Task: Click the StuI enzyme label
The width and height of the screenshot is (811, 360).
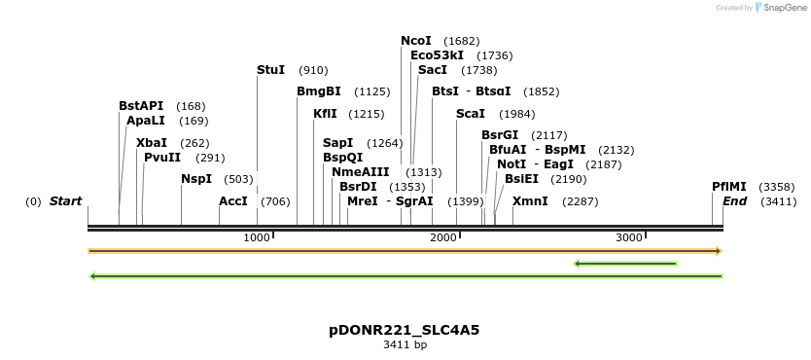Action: [270, 70]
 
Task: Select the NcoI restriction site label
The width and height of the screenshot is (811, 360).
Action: [416, 41]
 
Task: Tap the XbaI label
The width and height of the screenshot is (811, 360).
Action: [152, 142]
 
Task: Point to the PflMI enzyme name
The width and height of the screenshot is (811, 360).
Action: [728, 186]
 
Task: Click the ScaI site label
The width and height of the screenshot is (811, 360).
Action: [472, 114]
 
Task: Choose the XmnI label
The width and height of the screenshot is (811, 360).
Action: [530, 201]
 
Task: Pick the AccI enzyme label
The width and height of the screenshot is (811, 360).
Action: [233, 201]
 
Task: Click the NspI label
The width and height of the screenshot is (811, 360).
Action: [196, 179]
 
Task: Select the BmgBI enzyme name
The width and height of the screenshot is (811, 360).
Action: [319, 91]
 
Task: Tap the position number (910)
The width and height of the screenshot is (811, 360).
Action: [313, 71]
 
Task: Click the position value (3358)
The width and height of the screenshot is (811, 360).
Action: [777, 187]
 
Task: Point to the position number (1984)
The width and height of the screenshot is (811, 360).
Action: [516, 115]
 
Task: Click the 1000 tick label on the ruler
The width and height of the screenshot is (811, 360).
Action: [257, 237]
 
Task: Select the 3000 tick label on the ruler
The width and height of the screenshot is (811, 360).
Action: [629, 237]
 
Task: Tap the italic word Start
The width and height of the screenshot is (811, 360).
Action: [66, 201]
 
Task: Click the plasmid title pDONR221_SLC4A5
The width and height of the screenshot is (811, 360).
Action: [405, 330]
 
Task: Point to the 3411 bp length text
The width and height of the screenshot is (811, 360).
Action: [405, 344]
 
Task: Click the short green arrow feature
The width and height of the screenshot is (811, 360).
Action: [625, 263]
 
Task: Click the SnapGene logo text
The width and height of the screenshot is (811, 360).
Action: [786, 8]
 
